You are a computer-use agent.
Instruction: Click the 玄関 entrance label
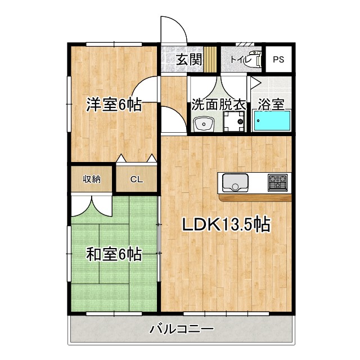(188, 59)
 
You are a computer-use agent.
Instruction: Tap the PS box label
(278, 59)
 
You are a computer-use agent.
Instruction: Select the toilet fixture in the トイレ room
(254, 59)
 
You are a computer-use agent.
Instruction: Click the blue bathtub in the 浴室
(272, 121)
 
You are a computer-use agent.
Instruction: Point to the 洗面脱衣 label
(218, 105)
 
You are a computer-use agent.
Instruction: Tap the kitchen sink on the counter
(235, 182)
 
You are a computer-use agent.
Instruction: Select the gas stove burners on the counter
(277, 182)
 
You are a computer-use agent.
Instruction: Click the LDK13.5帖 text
(226, 224)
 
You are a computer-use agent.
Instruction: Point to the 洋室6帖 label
(113, 105)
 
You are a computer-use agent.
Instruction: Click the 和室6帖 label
(113, 254)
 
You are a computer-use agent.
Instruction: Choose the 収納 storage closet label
(92, 179)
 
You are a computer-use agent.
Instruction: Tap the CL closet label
(137, 180)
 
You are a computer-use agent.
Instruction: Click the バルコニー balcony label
(181, 329)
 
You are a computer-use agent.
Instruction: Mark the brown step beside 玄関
(210, 58)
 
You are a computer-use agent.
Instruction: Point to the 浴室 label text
(271, 105)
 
